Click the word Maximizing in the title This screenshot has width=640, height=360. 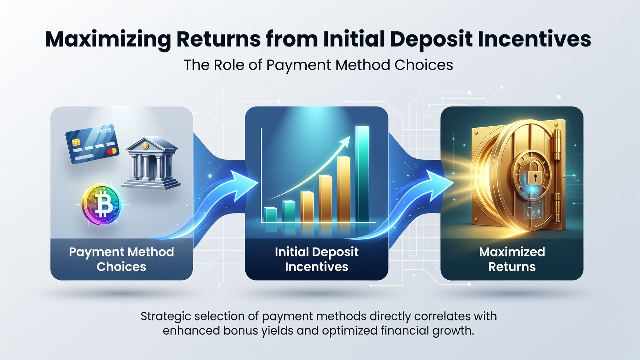(108, 40)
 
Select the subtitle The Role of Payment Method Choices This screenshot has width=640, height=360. (318, 65)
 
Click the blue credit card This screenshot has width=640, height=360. (92, 144)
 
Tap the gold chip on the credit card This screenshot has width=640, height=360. (76, 142)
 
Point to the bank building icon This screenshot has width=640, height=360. (151, 163)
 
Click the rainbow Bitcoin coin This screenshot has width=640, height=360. (101, 204)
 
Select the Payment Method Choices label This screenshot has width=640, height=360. (121, 259)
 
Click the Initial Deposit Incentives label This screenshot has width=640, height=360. (317, 259)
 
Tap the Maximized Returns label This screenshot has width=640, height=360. (512, 259)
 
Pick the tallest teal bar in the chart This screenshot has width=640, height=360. (362, 174)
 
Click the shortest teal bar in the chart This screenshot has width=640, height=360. (270, 215)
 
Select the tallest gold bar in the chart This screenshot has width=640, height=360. (344, 189)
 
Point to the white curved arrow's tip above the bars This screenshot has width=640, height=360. (349, 136)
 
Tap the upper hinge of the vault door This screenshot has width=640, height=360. (557, 145)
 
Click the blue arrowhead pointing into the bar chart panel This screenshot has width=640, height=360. (243, 183)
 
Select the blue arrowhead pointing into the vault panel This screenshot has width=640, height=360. (439, 183)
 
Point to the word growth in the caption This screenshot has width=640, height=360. (456, 331)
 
